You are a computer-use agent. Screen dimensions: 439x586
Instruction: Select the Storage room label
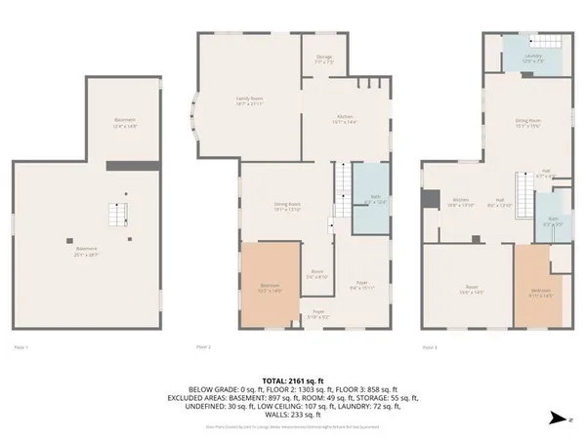tap(324, 60)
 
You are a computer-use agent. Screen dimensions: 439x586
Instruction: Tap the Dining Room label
tap(286, 205)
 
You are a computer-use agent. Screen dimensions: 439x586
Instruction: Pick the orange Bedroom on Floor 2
tap(268, 286)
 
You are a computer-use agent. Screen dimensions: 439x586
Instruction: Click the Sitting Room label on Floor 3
tap(528, 123)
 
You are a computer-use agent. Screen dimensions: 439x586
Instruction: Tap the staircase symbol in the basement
tap(118, 216)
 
